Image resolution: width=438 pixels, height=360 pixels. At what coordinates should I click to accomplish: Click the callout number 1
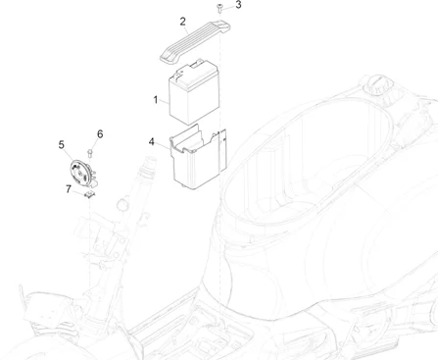pos(155,99)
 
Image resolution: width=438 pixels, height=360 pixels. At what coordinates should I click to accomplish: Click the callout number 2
pos(182,21)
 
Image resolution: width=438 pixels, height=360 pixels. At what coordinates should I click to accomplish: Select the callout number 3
pos(236,5)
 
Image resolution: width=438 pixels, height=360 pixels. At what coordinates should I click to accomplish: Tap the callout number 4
pos(152,141)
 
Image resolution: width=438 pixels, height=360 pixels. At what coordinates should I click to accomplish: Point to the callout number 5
pos(61,145)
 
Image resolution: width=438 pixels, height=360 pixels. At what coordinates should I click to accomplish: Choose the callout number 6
pos(99,133)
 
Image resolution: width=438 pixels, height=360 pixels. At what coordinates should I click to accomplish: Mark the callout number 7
pos(68,188)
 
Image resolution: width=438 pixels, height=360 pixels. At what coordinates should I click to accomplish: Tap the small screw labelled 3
pos(220,10)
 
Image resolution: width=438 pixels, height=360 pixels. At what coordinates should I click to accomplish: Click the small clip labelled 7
pos(91,194)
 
